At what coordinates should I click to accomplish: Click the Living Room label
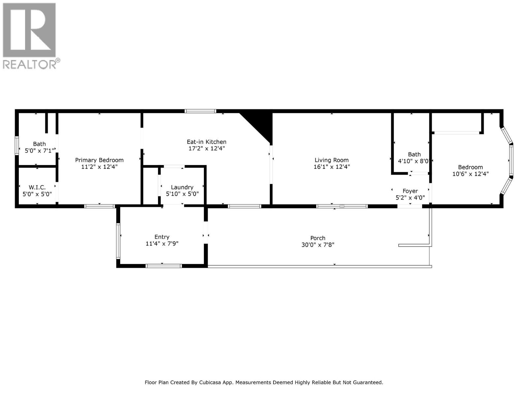[331, 160]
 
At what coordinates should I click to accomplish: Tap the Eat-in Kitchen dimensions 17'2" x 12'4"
[207, 148]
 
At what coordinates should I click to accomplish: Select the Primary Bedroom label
[99, 160]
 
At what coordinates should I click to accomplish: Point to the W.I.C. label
[37, 187]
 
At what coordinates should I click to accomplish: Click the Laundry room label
[182, 187]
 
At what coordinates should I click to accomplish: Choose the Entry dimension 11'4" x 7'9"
[162, 244]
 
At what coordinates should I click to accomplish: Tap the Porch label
[318, 238]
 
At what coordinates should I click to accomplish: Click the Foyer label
[410, 191]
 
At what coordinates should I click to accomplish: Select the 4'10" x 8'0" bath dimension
[413, 161]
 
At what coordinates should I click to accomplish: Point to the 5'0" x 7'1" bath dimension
[39, 151]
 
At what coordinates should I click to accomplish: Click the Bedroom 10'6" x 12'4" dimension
[470, 174]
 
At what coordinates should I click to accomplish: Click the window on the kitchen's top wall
[201, 111]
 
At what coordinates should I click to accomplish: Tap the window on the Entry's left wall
[118, 241]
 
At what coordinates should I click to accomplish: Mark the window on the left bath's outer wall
[17, 146]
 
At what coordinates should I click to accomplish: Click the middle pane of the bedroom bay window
[511, 160]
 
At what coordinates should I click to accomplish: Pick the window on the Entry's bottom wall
[164, 266]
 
